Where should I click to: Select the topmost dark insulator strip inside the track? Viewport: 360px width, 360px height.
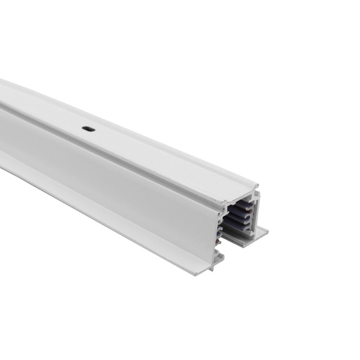pos(245,203)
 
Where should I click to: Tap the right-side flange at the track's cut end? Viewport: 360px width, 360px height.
pos(261,231)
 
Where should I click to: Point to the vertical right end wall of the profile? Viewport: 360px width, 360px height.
pos(257,211)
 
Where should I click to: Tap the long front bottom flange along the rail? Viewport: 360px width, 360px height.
pos(105,207)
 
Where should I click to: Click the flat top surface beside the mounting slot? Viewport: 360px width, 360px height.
pos(112,137)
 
